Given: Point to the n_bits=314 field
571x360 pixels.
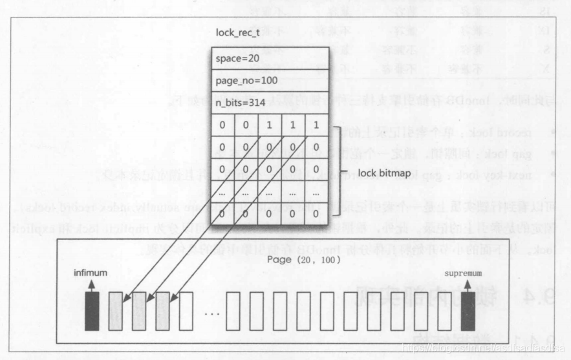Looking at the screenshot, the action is tap(241, 102).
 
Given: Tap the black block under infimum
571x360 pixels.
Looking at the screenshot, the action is tap(92, 310).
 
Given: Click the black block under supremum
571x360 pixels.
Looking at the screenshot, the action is tap(467, 310).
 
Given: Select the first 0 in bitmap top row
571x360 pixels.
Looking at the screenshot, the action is tap(222, 124).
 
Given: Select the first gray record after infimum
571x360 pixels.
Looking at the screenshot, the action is tap(116, 310).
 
